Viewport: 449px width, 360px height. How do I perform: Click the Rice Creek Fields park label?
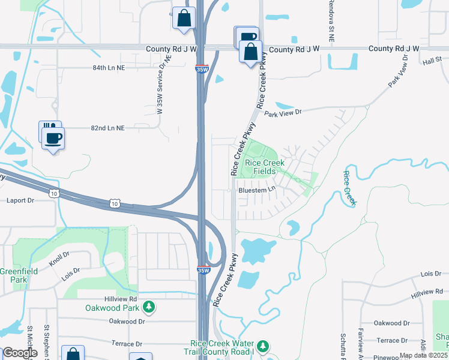261,167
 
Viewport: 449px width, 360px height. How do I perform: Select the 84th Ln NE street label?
108,68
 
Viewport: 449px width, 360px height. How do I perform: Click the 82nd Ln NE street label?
108,128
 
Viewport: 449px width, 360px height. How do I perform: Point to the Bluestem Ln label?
256,190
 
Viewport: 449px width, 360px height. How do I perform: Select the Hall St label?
431,62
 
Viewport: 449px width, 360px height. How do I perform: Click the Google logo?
20,353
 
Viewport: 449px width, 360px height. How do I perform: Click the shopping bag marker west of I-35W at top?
184,18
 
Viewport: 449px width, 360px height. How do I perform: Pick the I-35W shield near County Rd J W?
202,69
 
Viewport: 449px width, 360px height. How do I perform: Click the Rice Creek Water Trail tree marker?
263,346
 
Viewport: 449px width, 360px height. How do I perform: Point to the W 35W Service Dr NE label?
160,85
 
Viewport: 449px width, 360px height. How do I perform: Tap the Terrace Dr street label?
125,344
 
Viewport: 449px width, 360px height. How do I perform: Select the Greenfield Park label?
19,275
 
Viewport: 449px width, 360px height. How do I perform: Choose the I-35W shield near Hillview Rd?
203,270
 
